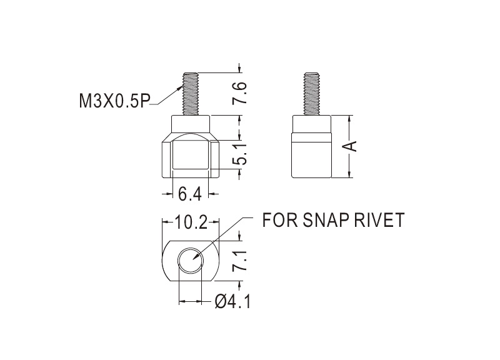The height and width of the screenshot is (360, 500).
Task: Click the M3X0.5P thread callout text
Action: pyautogui.click(x=114, y=101)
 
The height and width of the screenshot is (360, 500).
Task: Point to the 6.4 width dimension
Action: pyautogui.click(x=190, y=194)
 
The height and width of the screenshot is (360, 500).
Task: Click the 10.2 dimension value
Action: pyautogui.click(x=191, y=222)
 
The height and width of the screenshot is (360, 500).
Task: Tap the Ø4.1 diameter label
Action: pyautogui.click(x=232, y=301)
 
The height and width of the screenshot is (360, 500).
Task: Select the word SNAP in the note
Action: pyautogui.click(x=322, y=220)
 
